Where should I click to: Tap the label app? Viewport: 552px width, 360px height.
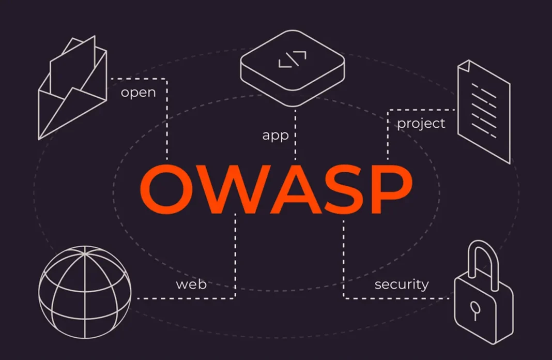pyautogui.click(x=275, y=136)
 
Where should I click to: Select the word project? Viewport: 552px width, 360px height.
pyautogui.click(x=421, y=124)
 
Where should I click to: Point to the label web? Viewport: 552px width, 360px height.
pyautogui.click(x=191, y=284)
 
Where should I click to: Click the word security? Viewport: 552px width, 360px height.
pyautogui.click(x=402, y=284)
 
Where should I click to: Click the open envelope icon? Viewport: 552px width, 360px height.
pyautogui.click(x=72, y=88)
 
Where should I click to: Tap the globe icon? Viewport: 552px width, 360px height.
pyautogui.click(x=85, y=292)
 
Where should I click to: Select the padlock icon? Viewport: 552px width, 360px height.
pyautogui.click(x=483, y=292)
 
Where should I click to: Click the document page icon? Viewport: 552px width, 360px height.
pyautogui.click(x=484, y=112)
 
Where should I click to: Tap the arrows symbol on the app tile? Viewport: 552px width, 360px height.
pyautogui.click(x=292, y=59)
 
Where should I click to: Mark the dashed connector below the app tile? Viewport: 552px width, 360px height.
pyautogui.click(x=295, y=134)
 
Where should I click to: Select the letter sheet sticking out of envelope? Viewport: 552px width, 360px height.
pyautogui.click(x=72, y=67)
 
